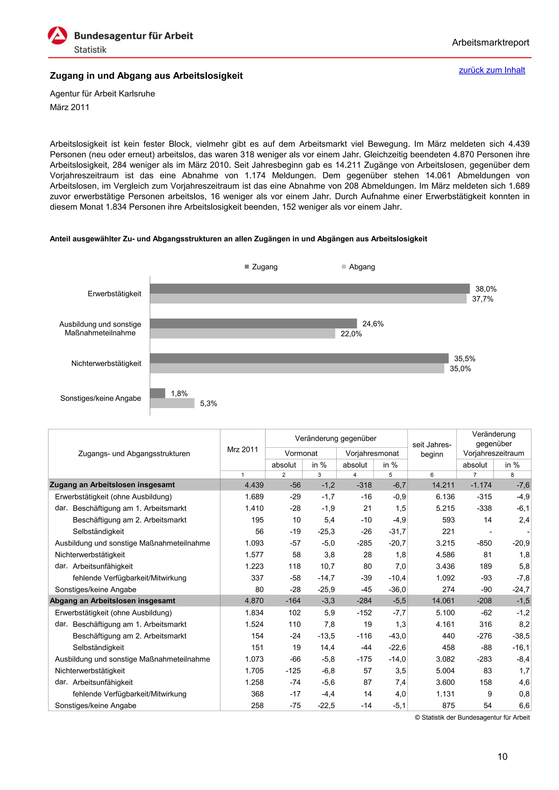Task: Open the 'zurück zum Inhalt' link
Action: coord(492,70)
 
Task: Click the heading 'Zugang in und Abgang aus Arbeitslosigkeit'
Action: coord(146,76)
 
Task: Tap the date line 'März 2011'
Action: coord(70,107)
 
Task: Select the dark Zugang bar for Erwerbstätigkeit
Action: coord(310,288)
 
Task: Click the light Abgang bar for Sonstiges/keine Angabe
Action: coord(172,403)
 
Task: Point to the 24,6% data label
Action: coord(373,324)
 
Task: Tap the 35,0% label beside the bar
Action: coord(460,369)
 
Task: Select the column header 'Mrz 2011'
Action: coord(242,450)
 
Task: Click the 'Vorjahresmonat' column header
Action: coord(372,453)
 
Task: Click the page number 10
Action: coord(502,757)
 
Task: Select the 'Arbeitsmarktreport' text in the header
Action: coord(490,43)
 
